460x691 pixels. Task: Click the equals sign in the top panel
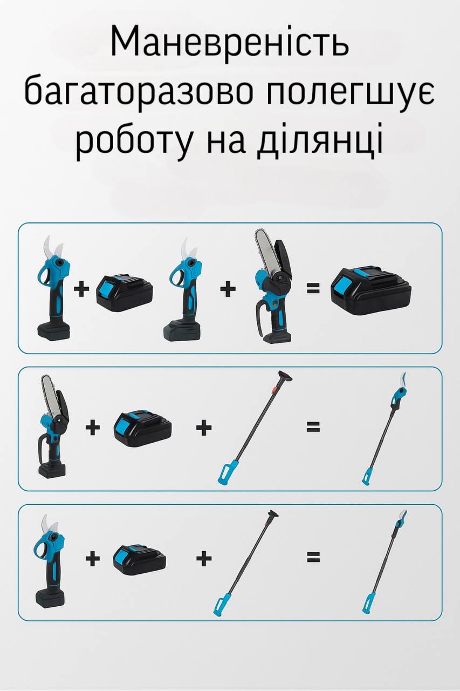[313, 289]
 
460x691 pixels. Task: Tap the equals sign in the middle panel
[313, 427]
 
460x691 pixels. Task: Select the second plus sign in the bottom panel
[204, 558]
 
